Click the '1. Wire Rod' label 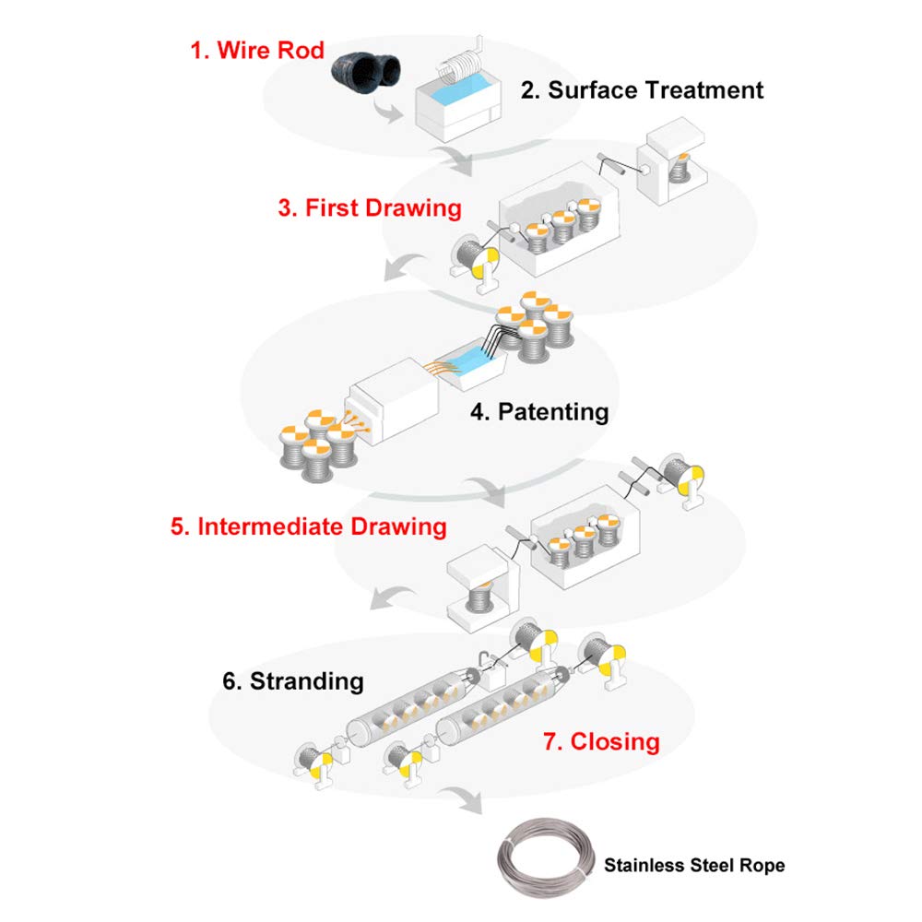[257, 49]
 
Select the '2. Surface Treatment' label [642, 90]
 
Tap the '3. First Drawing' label [369, 207]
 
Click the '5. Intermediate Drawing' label [309, 527]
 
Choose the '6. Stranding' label [293, 681]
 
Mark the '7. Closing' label [601, 740]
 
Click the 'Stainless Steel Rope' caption [694, 865]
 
